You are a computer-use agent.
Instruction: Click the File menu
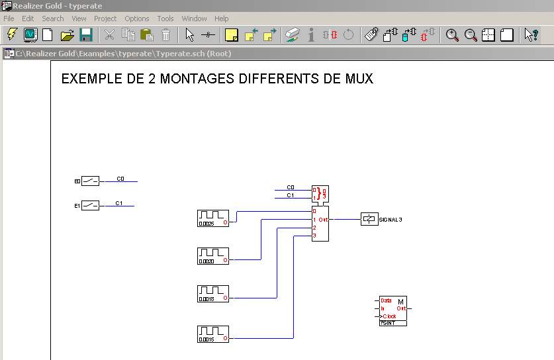(x=9, y=19)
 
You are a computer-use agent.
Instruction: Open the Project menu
(x=105, y=19)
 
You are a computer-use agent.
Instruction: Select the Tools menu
(x=165, y=19)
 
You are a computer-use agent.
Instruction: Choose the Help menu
(x=222, y=19)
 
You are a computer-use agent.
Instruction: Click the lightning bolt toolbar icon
(x=12, y=35)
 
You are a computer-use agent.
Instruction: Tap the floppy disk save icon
(x=86, y=35)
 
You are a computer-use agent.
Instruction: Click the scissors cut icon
(x=110, y=35)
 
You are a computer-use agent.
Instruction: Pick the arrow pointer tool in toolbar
(x=190, y=35)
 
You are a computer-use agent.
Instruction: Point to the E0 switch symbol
(x=91, y=181)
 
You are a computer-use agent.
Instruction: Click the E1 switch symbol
(x=91, y=206)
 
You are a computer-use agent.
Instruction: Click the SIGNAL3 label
(x=391, y=219)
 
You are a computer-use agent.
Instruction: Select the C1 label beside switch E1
(x=119, y=203)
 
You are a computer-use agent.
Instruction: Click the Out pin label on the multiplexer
(x=323, y=219)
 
